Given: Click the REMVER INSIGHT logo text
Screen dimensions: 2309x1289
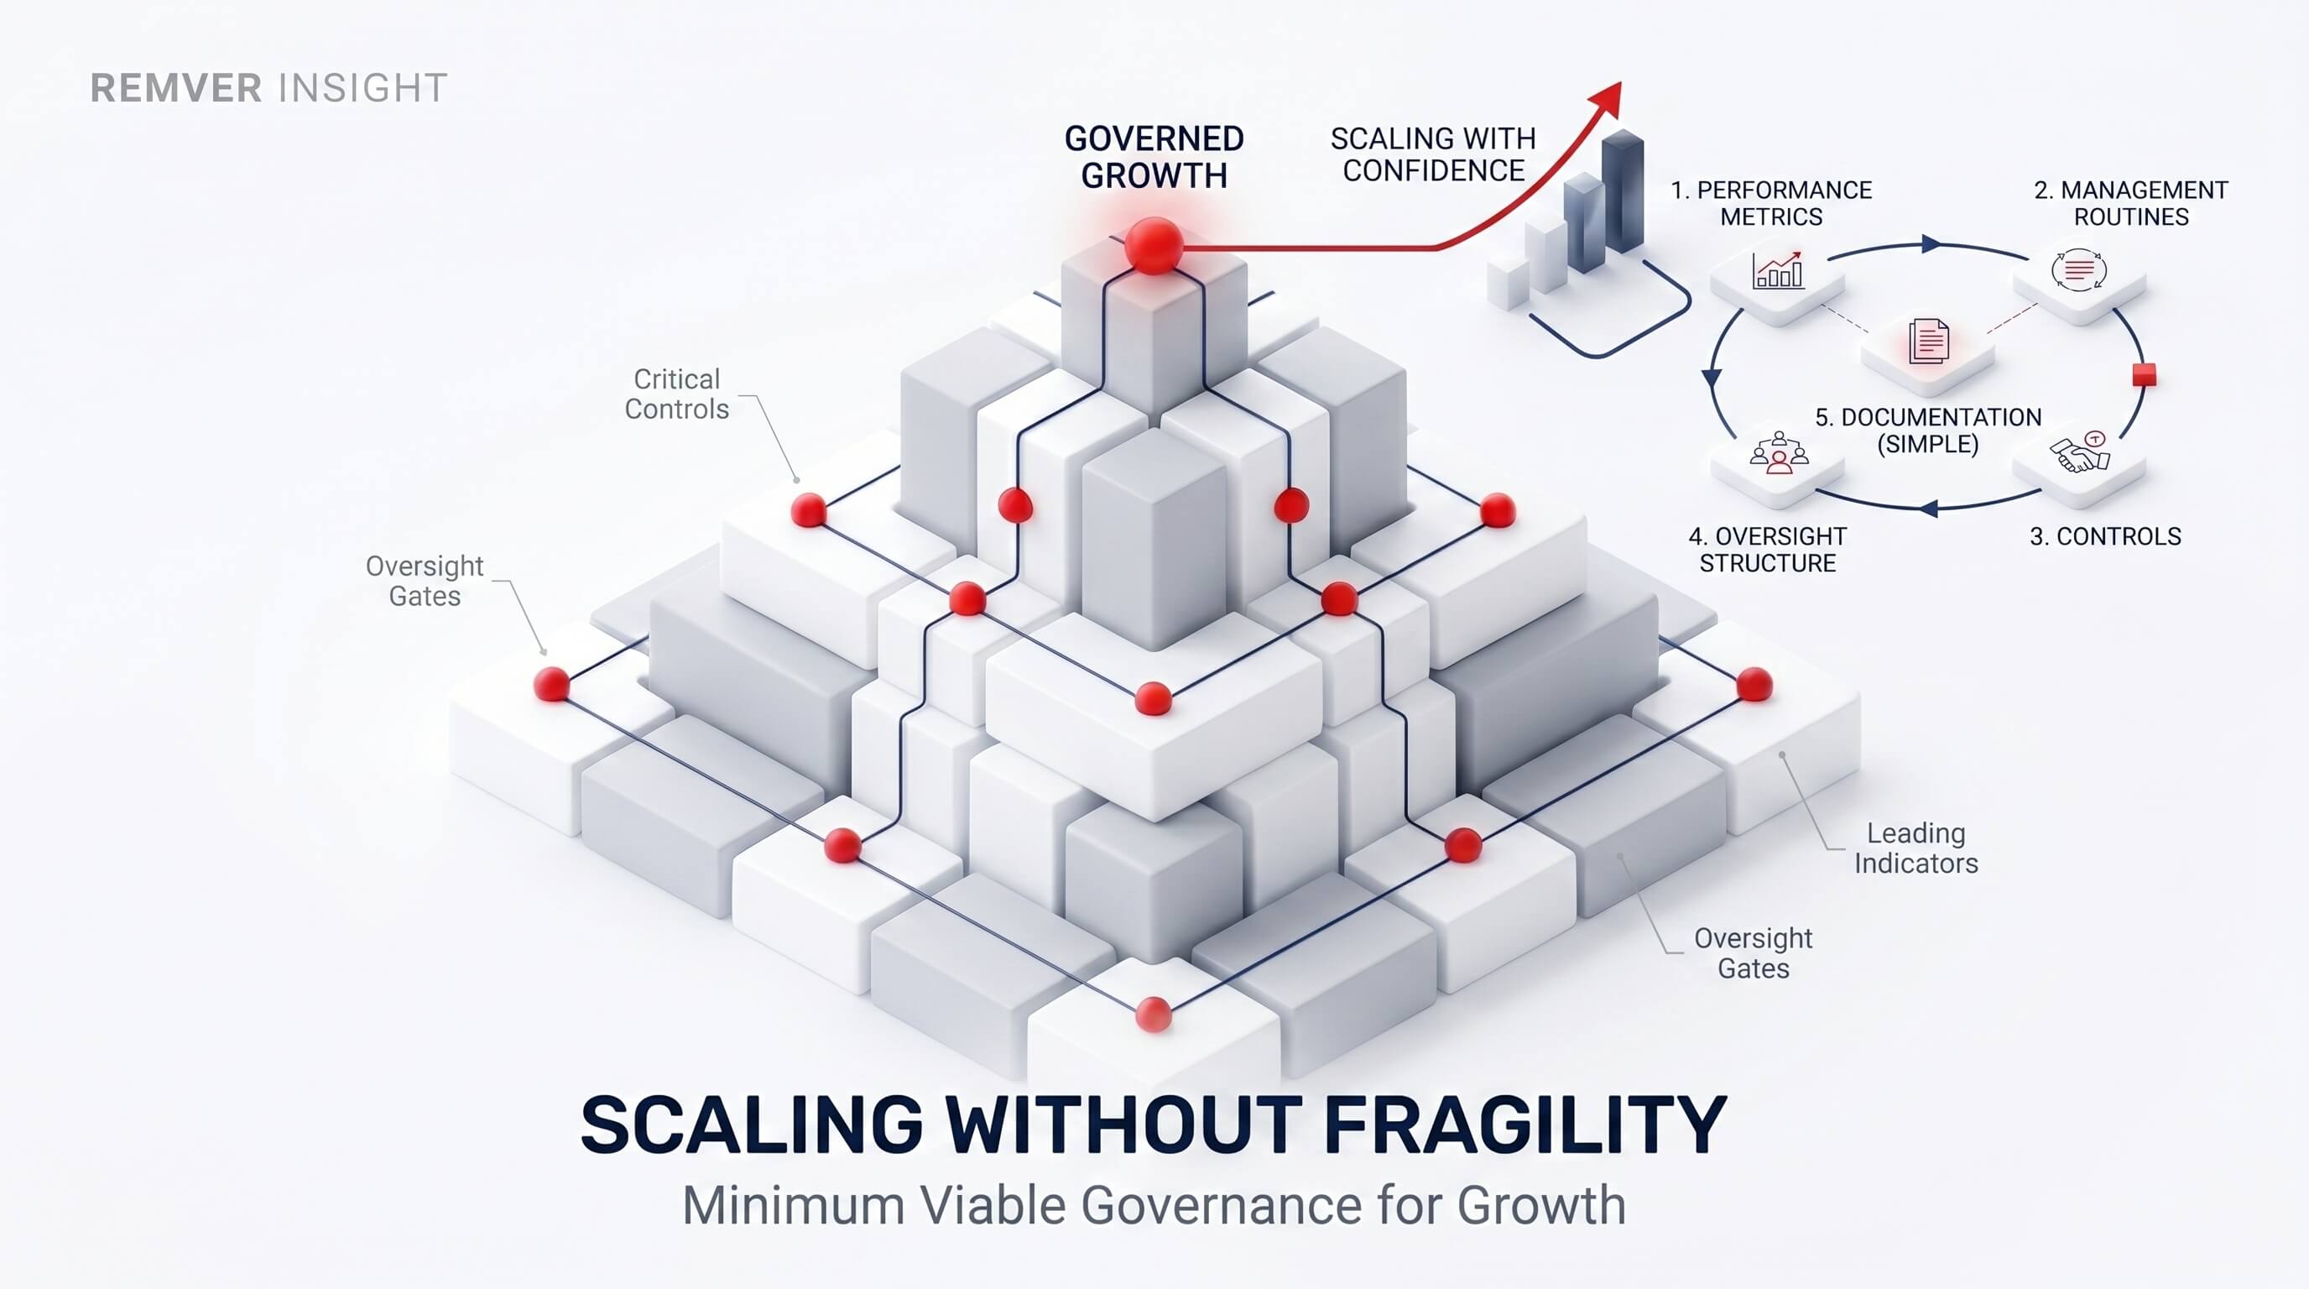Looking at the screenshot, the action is click(268, 88).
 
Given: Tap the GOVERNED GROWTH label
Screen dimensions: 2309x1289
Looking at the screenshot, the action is click(1154, 157).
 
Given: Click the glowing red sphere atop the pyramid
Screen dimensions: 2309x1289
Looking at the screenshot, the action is click(1154, 245).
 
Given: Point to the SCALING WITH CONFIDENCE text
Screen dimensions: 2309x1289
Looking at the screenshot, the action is click(1433, 154).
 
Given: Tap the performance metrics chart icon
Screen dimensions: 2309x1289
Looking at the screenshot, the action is click(1777, 270).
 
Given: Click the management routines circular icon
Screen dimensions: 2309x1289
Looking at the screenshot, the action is click(2078, 270).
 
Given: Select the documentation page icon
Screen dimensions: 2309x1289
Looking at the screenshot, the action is click(1928, 341).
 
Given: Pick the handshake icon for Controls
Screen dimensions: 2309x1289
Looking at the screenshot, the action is click(2081, 453).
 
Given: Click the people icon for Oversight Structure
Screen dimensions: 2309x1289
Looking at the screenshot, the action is click(1780, 452).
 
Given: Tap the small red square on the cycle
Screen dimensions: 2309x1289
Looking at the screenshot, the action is click(2144, 374).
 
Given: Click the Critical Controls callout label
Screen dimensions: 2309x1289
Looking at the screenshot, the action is click(677, 394).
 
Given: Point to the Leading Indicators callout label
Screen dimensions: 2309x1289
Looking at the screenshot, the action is click(1916, 848).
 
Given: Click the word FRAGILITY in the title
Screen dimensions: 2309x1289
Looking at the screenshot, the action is click(1525, 1125).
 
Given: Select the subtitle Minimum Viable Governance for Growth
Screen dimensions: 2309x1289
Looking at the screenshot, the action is click(1154, 1205).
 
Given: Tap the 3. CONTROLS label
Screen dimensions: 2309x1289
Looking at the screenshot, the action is click(2105, 536).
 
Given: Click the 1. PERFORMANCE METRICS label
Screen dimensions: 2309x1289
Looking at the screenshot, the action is click(1771, 203).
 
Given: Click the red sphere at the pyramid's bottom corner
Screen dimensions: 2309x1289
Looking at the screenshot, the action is click(1154, 1015).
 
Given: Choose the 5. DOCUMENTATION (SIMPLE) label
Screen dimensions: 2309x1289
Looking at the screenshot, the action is click(1928, 431).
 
